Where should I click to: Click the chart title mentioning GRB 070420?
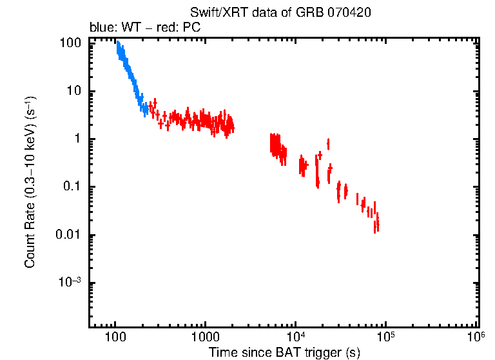(280, 13)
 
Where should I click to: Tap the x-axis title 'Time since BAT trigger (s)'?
(284, 352)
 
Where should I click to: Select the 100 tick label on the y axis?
(70, 43)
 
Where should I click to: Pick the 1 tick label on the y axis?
(77, 139)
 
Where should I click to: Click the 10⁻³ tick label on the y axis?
(70, 283)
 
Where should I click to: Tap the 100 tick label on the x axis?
(115, 336)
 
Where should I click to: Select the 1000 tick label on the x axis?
(205, 336)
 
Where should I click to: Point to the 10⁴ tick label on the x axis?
(295, 336)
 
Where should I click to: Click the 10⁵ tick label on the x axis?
(385, 336)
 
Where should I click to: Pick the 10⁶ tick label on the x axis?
(476, 336)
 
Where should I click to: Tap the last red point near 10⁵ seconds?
(377, 224)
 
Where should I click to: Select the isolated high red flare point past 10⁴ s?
(329, 143)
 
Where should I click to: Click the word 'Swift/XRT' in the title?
(213, 13)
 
